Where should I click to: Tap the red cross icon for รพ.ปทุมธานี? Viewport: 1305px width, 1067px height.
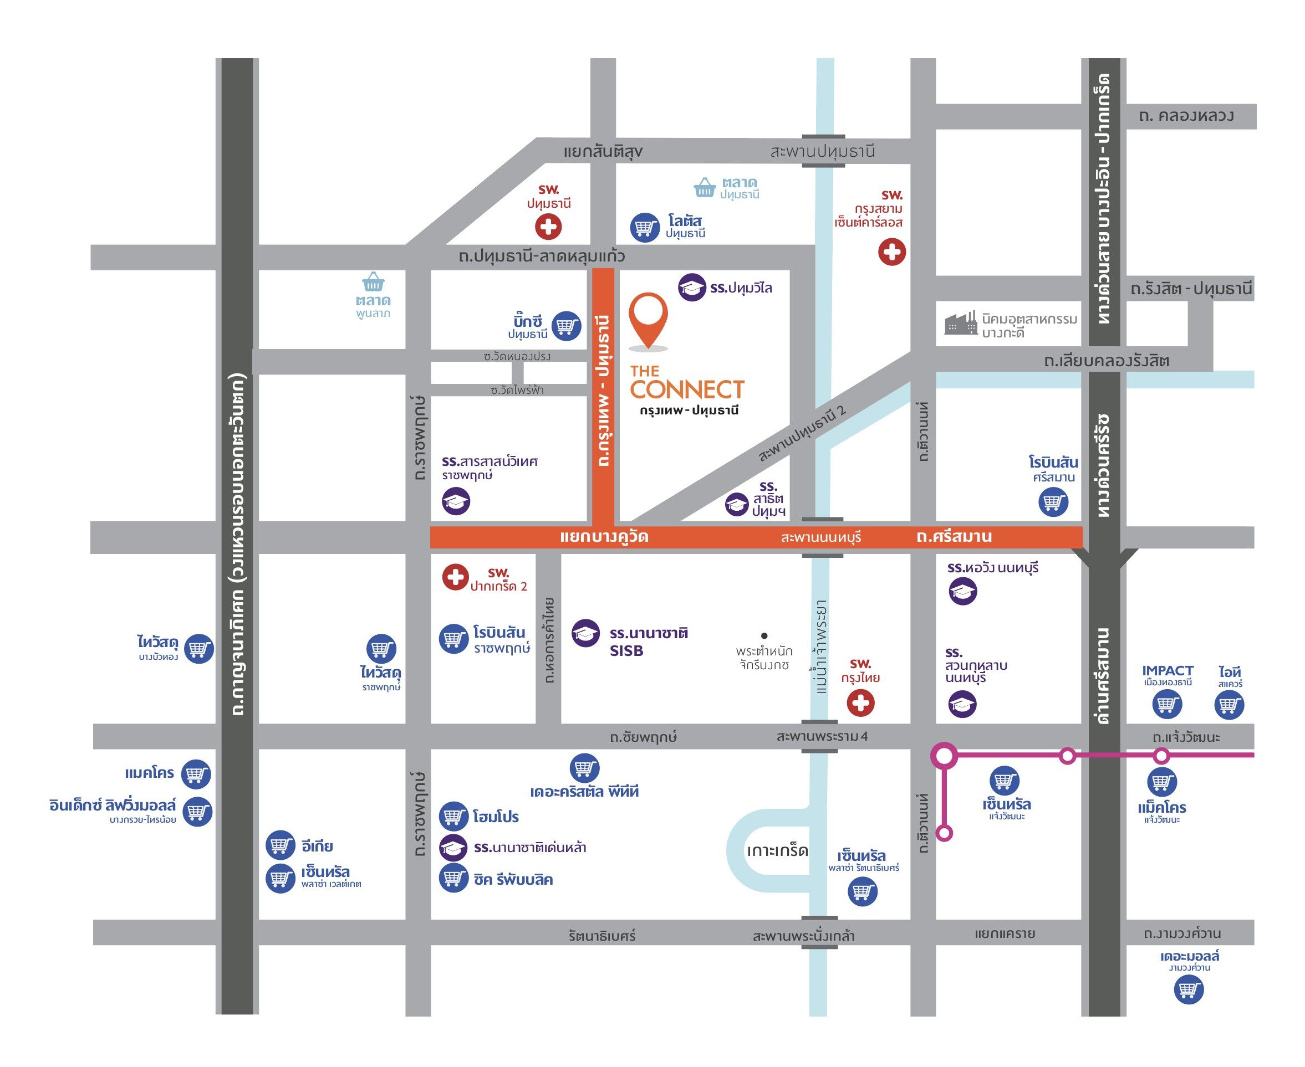[548, 227]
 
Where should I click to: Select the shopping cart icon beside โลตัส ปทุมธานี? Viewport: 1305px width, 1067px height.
[645, 227]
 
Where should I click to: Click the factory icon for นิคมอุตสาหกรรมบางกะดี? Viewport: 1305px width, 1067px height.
[960, 324]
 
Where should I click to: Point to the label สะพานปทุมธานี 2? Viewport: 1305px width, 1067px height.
[802, 434]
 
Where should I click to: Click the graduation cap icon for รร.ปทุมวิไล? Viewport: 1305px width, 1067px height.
[692, 287]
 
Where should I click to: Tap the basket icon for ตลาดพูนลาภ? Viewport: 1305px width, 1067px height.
[373, 282]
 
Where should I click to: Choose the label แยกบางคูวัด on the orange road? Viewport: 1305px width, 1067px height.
[604, 537]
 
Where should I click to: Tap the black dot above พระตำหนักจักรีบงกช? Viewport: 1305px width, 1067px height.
[764, 635]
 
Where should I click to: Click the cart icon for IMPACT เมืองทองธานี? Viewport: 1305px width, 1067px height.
[1166, 704]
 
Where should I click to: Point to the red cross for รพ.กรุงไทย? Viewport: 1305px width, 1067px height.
[860, 703]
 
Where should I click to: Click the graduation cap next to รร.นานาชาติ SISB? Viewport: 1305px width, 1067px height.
[585, 633]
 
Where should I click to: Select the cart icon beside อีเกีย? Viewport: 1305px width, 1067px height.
[280, 847]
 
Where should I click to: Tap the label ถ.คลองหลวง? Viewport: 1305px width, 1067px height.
[1186, 116]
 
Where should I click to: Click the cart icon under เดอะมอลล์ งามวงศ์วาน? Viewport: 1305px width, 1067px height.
[1188, 989]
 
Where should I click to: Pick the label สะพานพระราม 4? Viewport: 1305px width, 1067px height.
[822, 736]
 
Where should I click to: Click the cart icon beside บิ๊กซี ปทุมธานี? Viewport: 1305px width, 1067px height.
[567, 326]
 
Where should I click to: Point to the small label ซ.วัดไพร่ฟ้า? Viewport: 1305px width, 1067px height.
[517, 389]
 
